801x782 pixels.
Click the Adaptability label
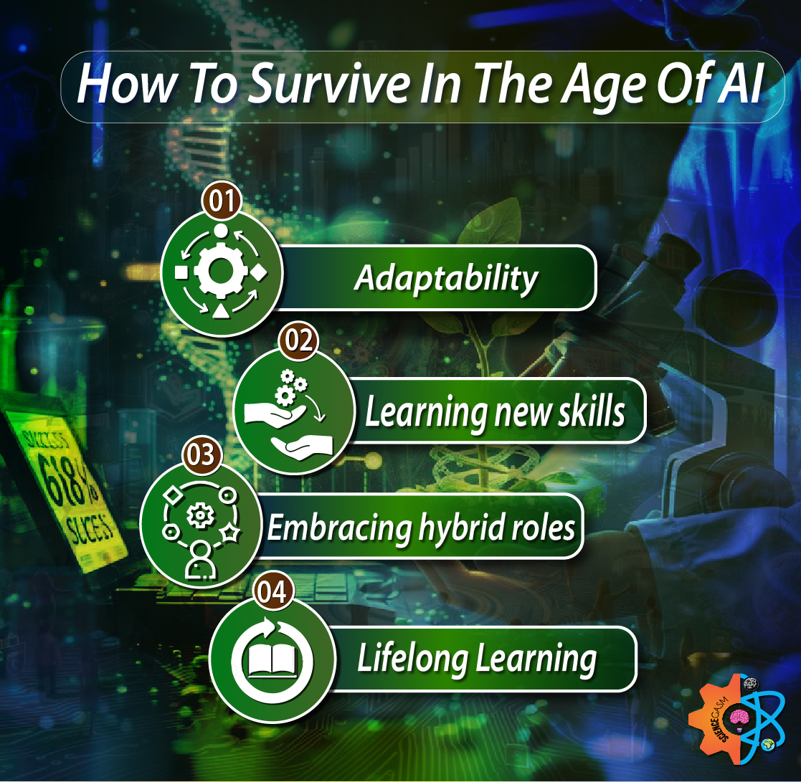[x=445, y=278]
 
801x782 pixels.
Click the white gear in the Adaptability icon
[x=221, y=270]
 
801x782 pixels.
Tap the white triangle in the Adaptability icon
[x=221, y=310]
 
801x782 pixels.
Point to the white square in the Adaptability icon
[x=181, y=272]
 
